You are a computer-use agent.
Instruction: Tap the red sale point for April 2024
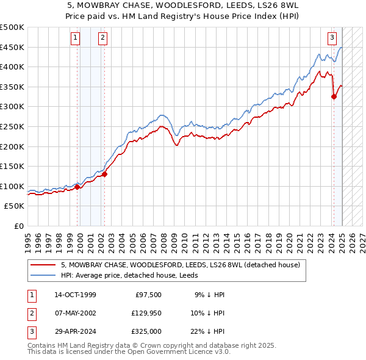click(x=334, y=96)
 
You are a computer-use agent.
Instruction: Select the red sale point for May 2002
click(x=104, y=174)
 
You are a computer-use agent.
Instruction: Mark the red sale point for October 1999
click(x=77, y=187)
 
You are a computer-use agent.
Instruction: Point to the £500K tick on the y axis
click(x=12, y=27)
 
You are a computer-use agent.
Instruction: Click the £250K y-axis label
click(x=12, y=126)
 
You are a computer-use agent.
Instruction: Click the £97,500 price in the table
click(x=148, y=295)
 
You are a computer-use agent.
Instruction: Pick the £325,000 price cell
click(x=146, y=331)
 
